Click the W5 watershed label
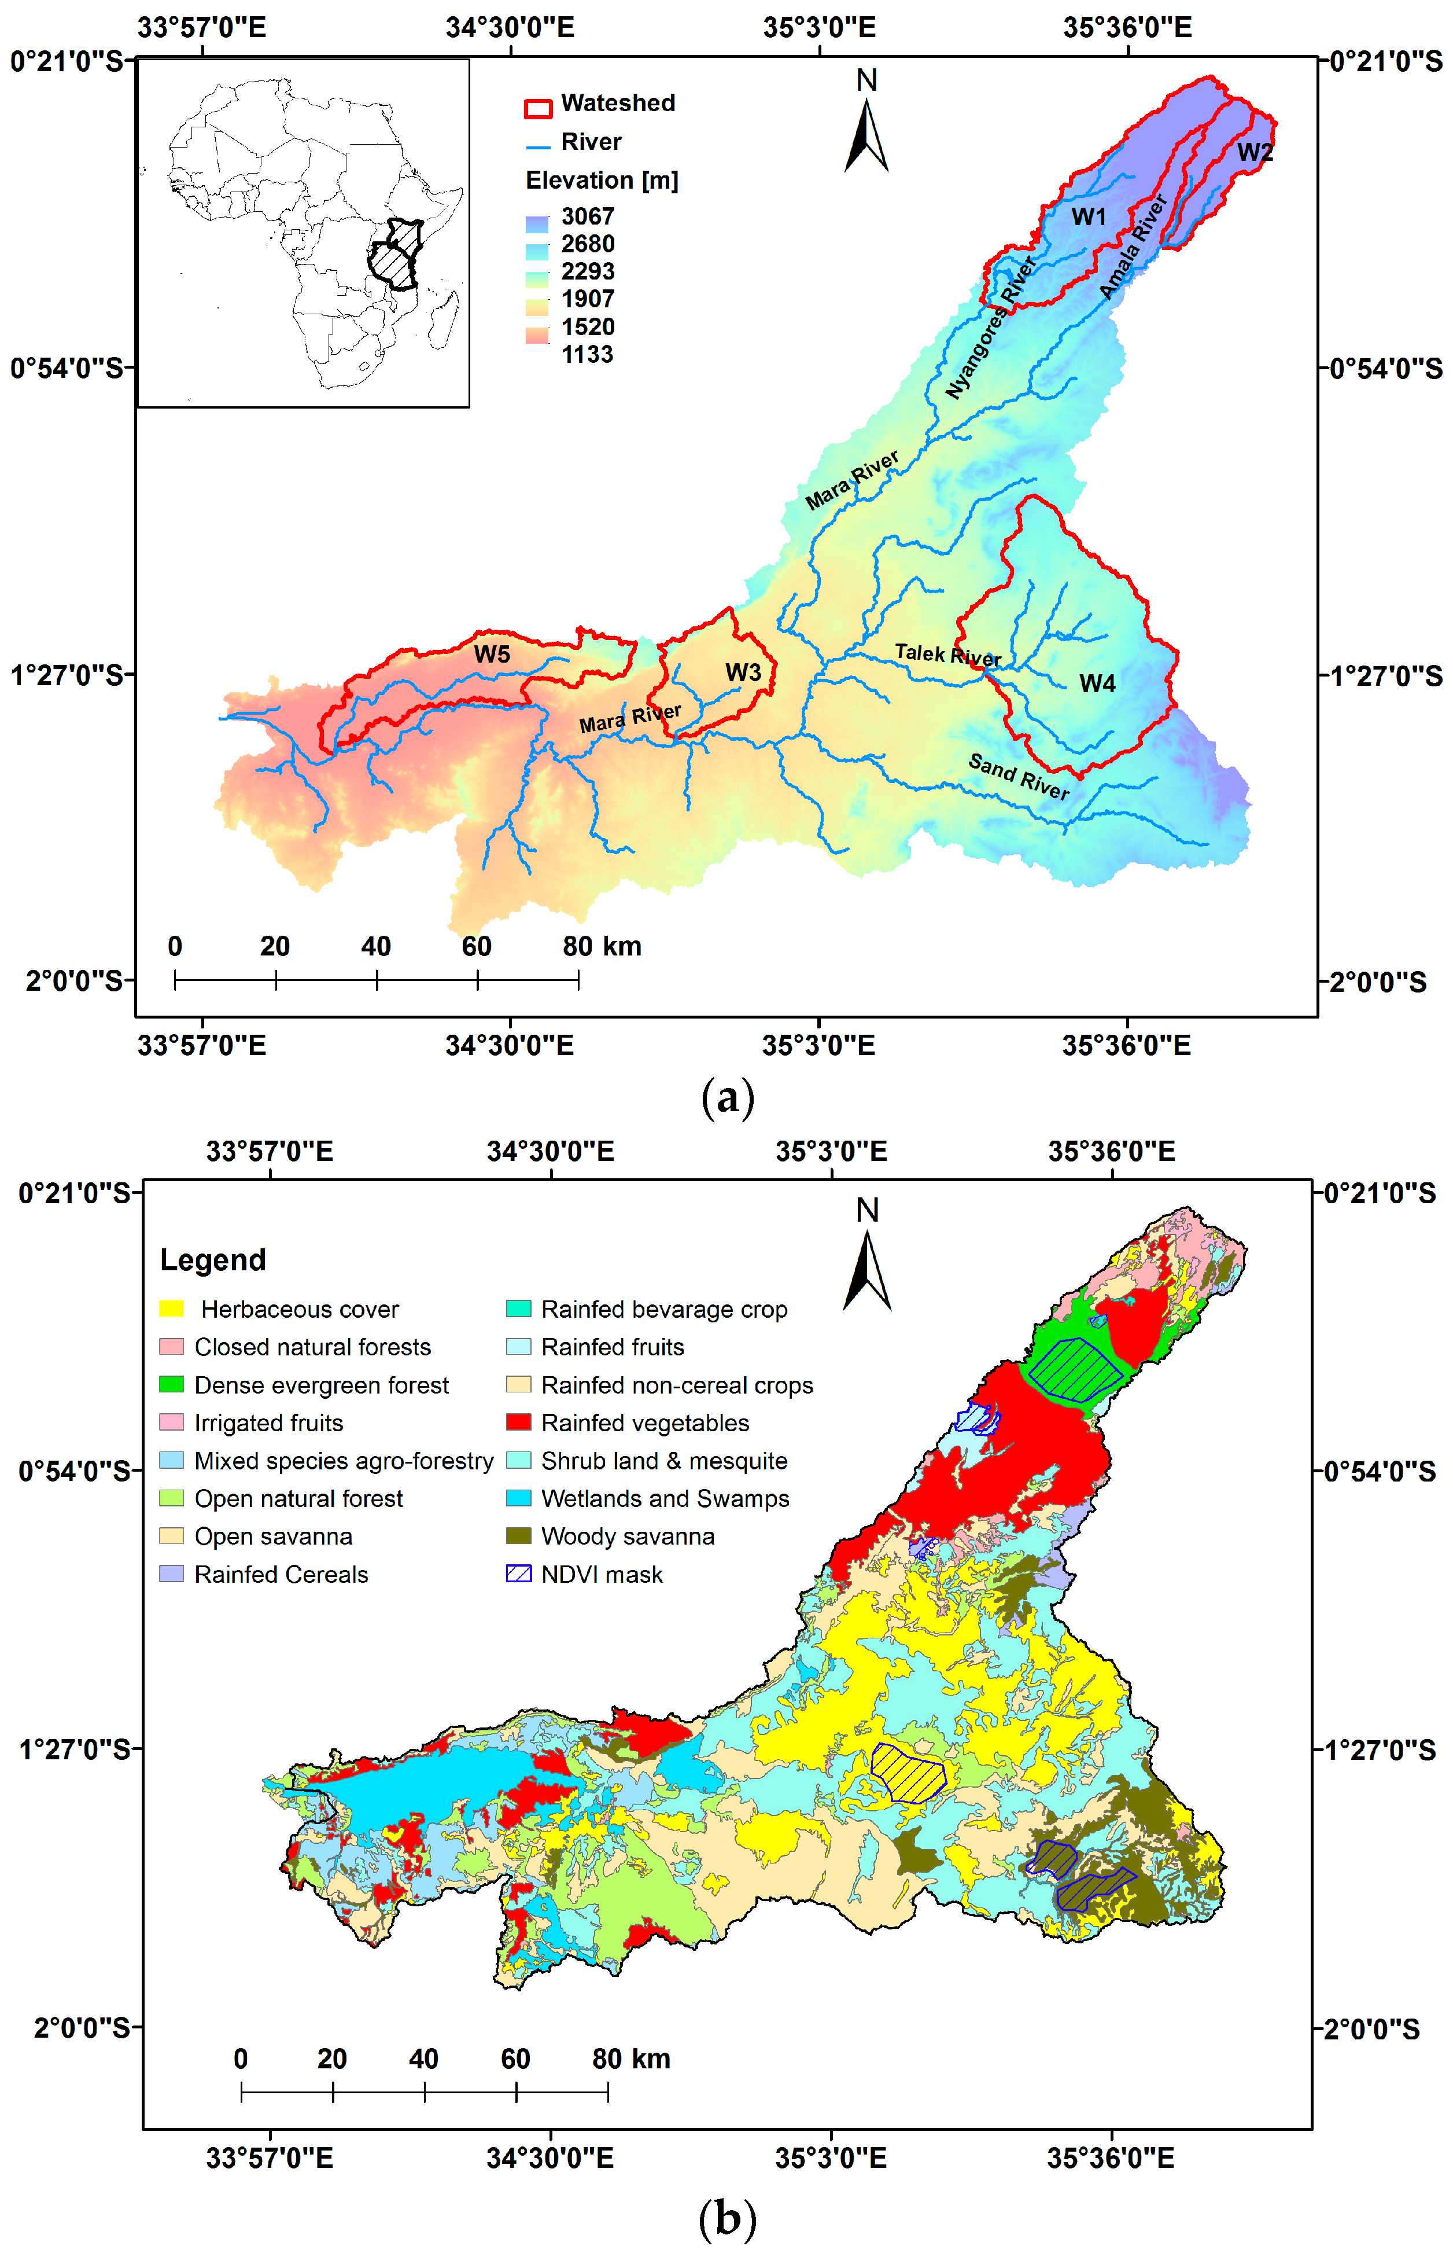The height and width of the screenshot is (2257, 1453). pos(492,653)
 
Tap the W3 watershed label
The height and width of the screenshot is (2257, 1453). pos(743,672)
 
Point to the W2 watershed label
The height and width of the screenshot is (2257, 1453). pos(1255,152)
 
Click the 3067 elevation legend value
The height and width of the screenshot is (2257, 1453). pos(588,216)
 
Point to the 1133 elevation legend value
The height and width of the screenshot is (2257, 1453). pos(588,354)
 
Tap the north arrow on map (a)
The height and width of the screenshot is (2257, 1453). pos(866,132)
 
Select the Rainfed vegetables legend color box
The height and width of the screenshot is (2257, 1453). pos(519,1422)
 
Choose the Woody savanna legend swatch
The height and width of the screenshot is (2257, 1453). pos(519,1536)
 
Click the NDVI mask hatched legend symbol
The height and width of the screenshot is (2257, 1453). pos(519,1574)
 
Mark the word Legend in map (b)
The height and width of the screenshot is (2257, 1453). pos(213,1260)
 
